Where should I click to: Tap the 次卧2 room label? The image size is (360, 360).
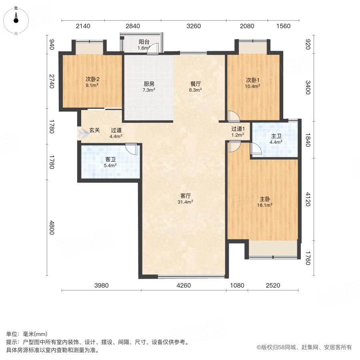92,79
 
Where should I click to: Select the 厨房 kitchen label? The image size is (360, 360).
149,84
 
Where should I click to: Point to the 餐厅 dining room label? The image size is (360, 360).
196,84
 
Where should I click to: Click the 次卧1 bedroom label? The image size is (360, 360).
253,79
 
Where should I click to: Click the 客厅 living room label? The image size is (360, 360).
186,196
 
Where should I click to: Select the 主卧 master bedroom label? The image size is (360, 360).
265,199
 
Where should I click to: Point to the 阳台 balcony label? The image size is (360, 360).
144,42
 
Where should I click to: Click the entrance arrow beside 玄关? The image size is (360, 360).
84,134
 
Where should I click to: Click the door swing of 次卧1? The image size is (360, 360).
233,116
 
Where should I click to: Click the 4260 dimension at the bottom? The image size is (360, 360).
184,285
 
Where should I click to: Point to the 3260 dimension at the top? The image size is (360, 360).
194,26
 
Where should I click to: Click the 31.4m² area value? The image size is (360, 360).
186,202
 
